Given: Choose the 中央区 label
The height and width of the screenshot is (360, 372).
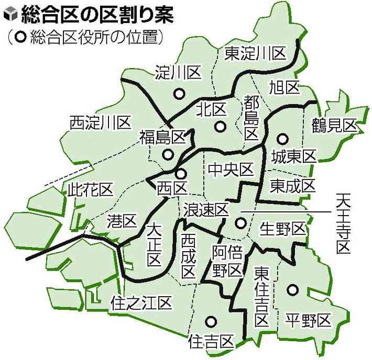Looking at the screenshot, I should [x=231, y=169].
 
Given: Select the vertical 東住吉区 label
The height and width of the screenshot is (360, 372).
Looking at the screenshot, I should [x=261, y=296].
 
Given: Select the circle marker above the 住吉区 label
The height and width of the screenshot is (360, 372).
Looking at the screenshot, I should [x=211, y=322].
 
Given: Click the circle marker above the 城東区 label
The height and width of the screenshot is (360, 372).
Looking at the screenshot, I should [x=282, y=139].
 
